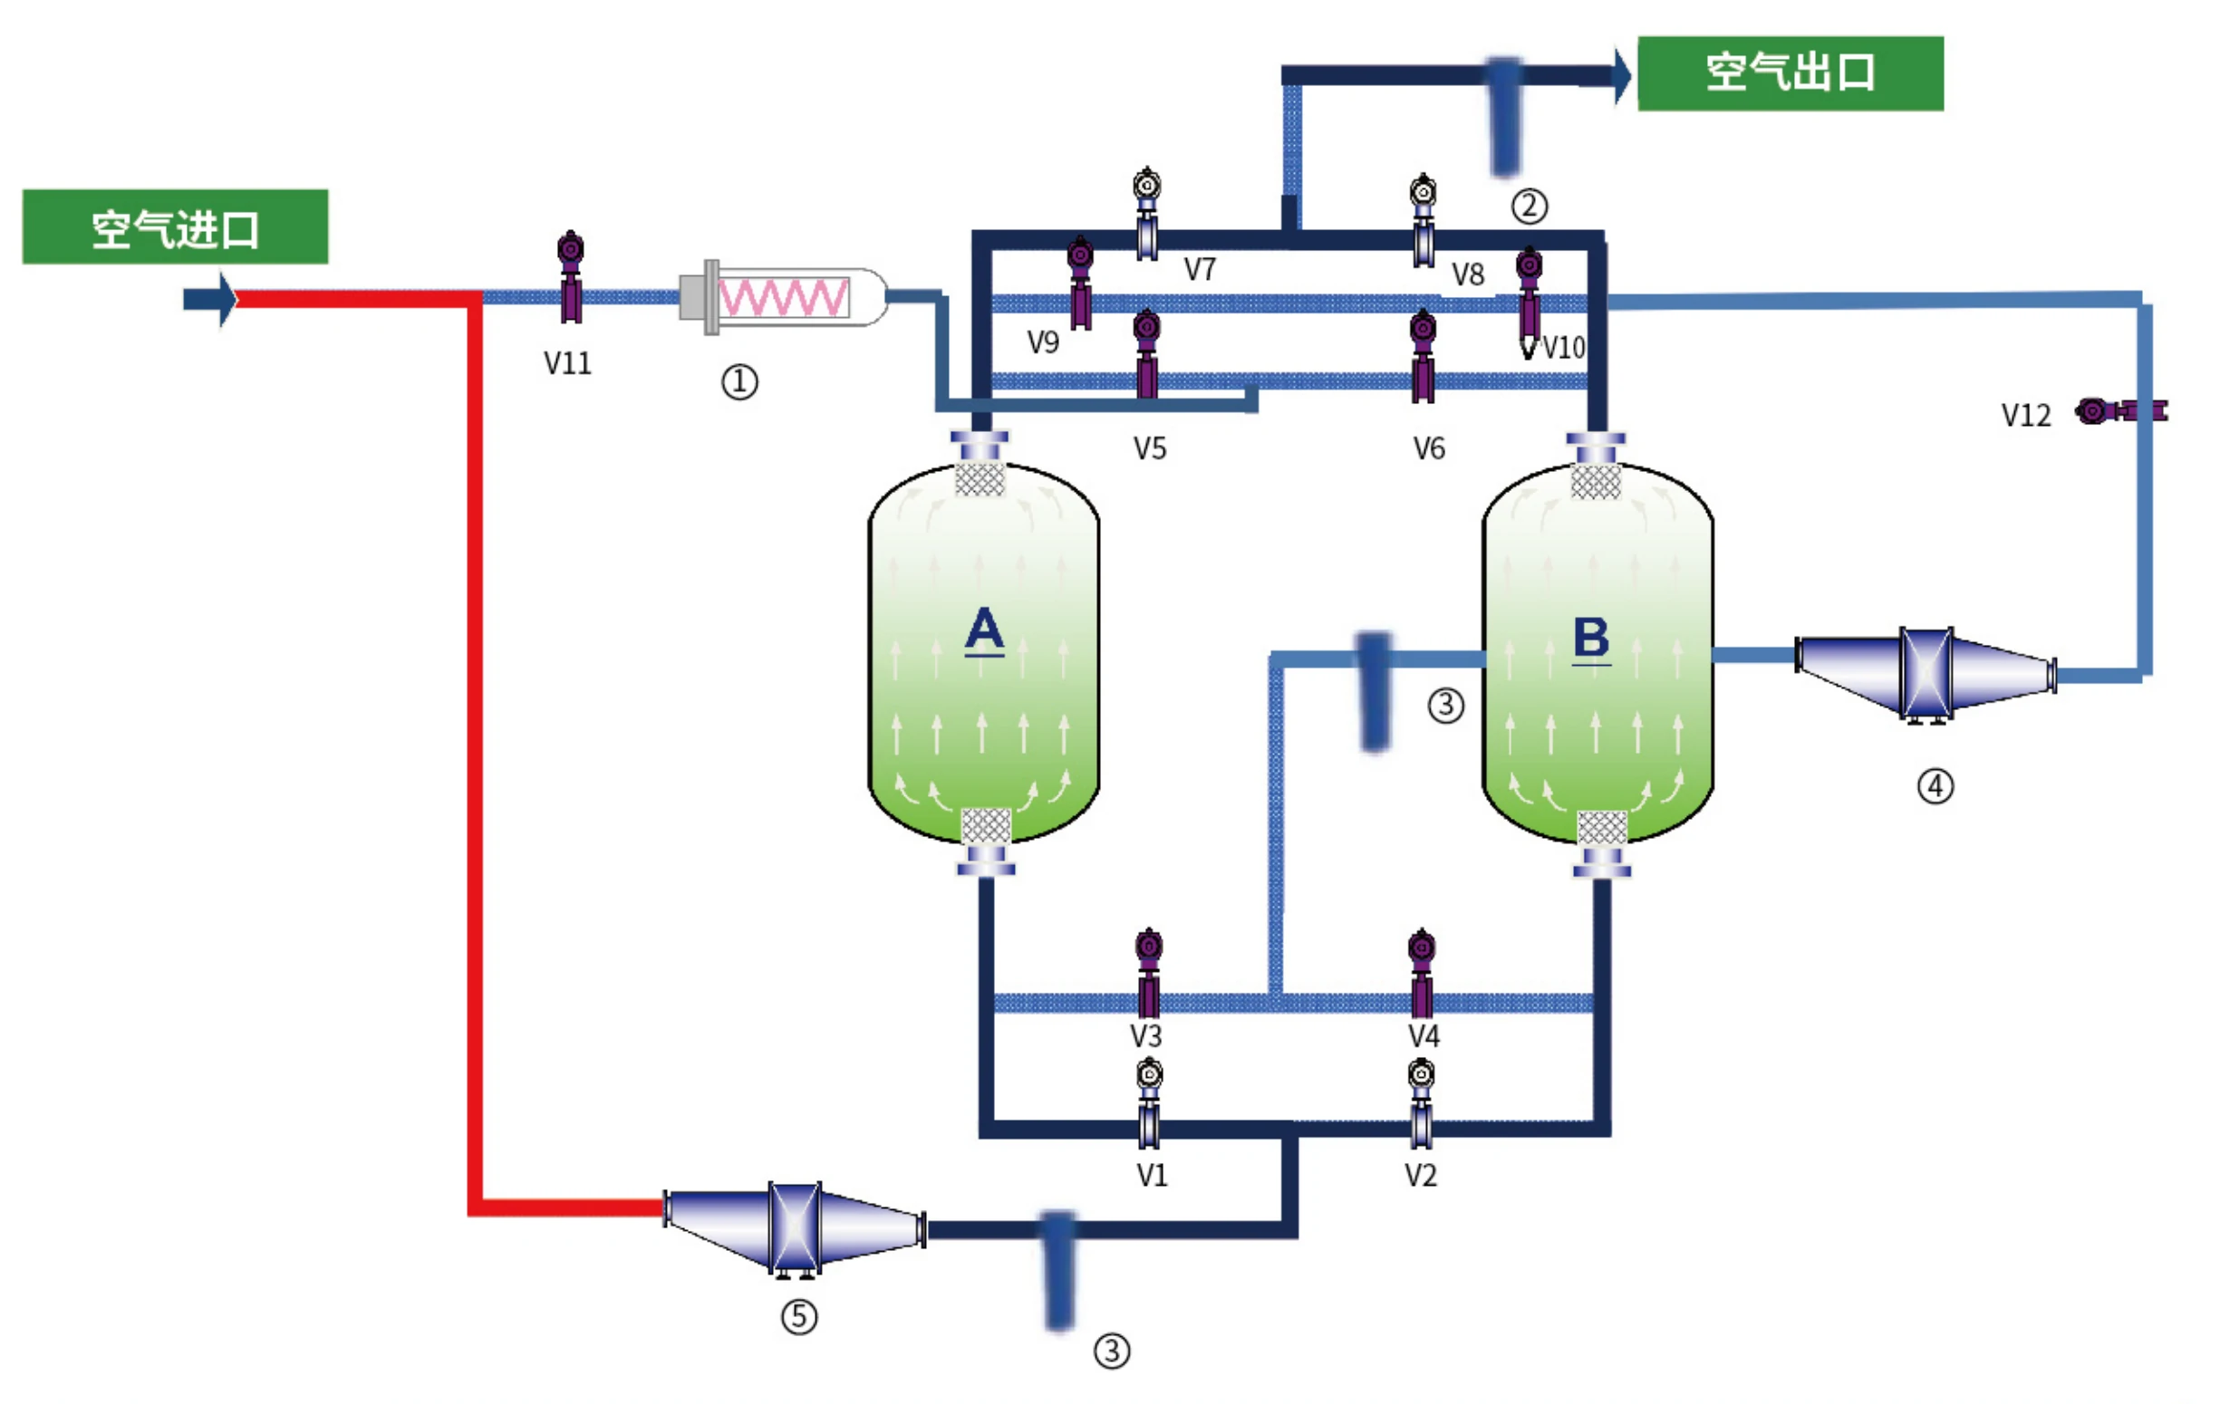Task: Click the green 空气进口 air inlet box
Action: (175, 226)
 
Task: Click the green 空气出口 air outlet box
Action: (1790, 73)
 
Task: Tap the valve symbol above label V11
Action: (571, 276)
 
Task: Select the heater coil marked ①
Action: (784, 297)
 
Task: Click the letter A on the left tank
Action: (984, 630)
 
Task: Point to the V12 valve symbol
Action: (2121, 410)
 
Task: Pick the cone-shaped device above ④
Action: (1925, 675)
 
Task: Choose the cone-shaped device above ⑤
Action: (794, 1228)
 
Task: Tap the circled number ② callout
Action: (1530, 206)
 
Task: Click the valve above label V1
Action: (1149, 1103)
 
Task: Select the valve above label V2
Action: (1422, 1103)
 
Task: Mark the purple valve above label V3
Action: (1149, 973)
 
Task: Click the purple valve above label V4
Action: (1422, 973)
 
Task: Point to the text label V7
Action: (1201, 269)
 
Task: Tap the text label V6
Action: (1429, 449)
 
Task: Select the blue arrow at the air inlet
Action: (210, 299)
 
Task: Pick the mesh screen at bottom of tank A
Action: (986, 826)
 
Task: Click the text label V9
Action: (1044, 343)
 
